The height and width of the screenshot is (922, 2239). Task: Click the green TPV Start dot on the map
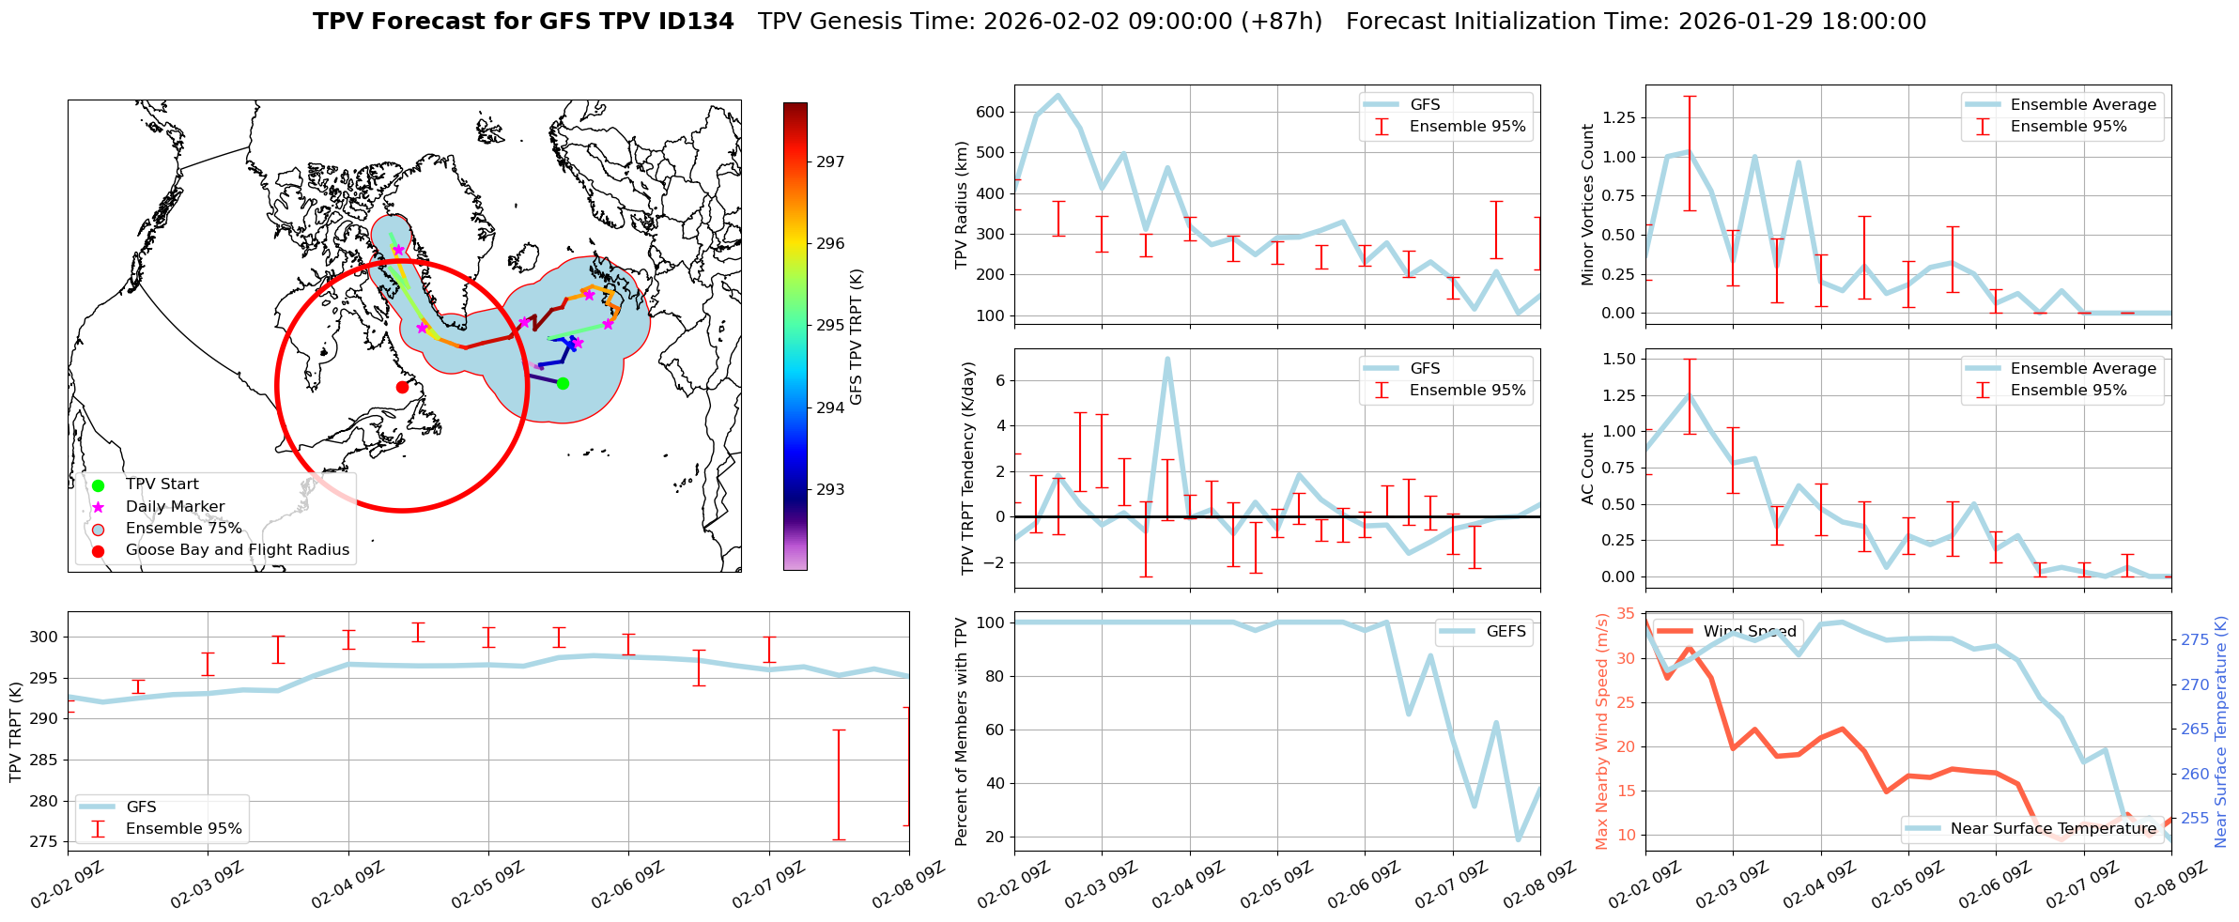[563, 383]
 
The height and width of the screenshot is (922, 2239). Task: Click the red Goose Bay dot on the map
[402, 387]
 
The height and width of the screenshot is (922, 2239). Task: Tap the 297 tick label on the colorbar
[830, 161]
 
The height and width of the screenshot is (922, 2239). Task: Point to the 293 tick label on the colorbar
[830, 489]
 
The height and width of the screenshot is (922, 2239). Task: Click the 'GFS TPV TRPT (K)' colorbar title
[856, 337]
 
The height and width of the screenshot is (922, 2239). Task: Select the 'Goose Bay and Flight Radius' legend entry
[237, 550]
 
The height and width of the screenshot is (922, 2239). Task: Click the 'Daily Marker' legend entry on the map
[175, 507]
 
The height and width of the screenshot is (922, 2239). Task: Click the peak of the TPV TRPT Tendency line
[1167, 359]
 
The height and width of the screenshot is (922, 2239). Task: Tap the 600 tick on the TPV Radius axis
[990, 112]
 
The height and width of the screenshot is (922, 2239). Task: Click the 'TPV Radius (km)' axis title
[961, 205]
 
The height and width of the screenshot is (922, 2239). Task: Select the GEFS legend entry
[1506, 632]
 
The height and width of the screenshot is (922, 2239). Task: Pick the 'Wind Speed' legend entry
[1750, 632]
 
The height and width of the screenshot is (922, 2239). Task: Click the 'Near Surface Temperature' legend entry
[2053, 829]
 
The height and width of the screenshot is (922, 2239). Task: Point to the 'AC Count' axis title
[1588, 469]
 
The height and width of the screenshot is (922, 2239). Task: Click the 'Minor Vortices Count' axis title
[1588, 205]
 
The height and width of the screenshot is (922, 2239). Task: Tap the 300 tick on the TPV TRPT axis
[44, 637]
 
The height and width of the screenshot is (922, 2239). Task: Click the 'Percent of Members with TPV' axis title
[961, 731]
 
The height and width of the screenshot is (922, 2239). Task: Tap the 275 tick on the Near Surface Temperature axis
[2194, 640]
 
